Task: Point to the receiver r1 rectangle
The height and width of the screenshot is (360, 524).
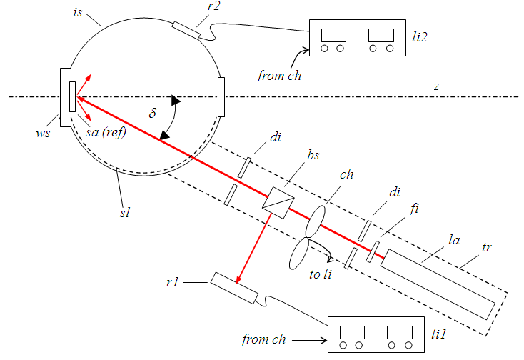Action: click(233, 289)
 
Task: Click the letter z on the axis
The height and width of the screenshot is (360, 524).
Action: click(436, 86)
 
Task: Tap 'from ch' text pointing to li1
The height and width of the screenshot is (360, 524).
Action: click(265, 339)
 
